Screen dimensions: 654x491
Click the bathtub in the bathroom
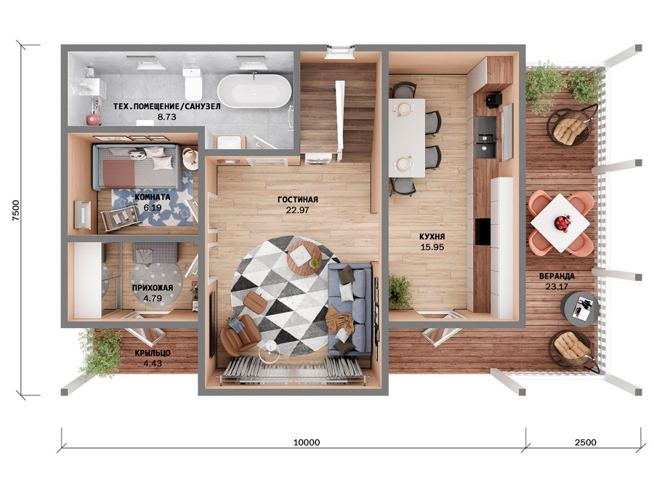coord(254,91)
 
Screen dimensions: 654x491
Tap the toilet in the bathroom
coord(193,83)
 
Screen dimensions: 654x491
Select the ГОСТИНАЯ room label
coord(298,199)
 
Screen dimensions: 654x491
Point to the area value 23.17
coord(557,287)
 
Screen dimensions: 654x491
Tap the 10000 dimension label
coord(307,442)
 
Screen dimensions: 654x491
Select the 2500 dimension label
coord(585,442)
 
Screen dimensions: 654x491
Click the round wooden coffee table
coord(304,257)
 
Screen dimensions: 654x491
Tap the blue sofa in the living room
coord(350,309)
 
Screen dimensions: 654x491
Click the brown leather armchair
coord(241,334)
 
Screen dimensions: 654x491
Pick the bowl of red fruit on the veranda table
coord(562,223)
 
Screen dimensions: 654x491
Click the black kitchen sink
coord(486,137)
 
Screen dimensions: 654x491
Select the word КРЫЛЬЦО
coord(153,353)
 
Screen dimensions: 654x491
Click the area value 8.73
coord(166,117)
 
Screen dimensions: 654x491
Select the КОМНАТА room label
coord(153,196)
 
